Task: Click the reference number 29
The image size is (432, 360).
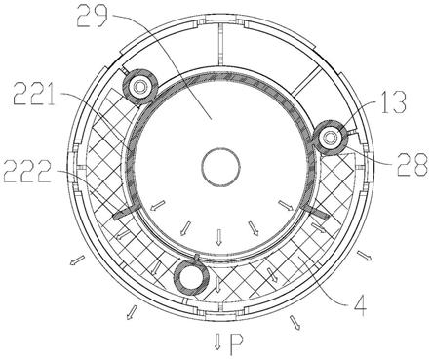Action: click(92, 16)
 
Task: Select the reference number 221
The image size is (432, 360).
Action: click(34, 94)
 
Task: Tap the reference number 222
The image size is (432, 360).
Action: click(27, 172)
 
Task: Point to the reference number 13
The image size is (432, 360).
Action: click(393, 102)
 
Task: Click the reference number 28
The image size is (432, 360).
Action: click(412, 165)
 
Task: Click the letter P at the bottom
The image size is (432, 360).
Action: click(236, 344)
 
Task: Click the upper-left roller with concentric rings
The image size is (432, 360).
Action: click(140, 86)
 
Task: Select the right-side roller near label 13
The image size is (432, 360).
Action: click(331, 139)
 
